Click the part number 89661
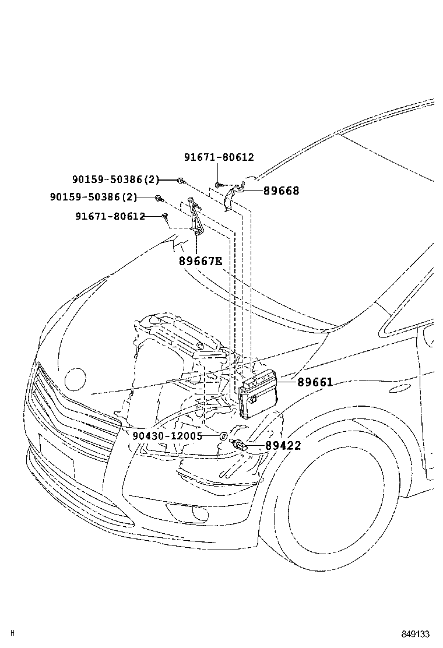pos(315,383)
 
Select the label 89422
pos(283,446)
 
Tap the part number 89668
pos(281,191)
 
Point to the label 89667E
pos(201,261)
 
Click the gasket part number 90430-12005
pos(167,436)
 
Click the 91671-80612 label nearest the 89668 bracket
pos(219,157)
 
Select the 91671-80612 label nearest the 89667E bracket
pos(110,216)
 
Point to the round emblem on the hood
pos(76,379)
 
